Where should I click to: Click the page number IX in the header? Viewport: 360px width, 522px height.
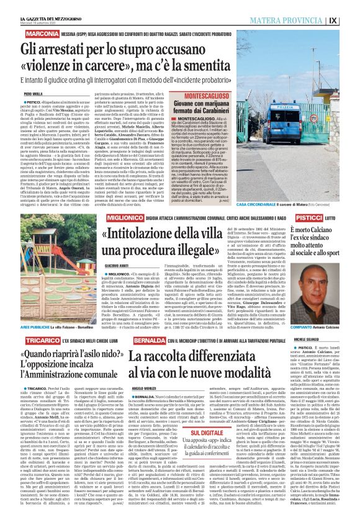coord(351,19)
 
